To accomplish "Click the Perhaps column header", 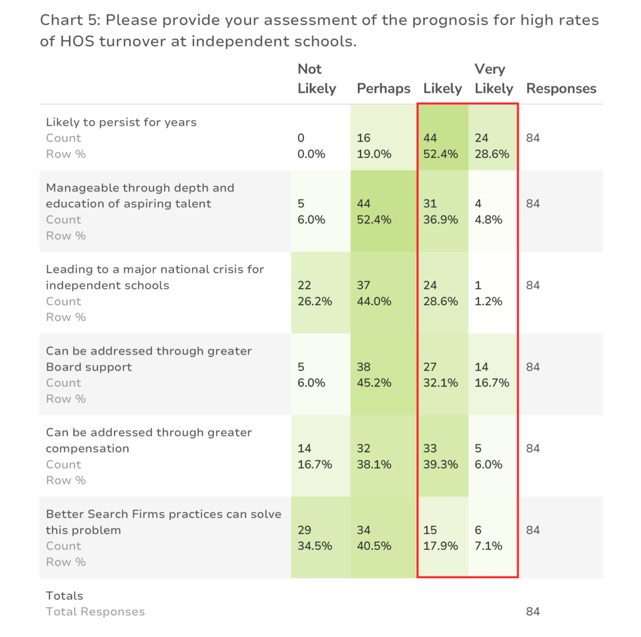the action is click(384, 89).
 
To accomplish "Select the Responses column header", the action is click(562, 89).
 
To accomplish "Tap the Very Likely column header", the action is click(494, 78).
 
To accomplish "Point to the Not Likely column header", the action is click(317, 78).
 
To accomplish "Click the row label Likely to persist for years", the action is click(121, 122).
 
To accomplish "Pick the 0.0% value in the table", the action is click(312, 154).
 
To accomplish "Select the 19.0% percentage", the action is click(374, 154).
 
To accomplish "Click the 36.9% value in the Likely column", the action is click(441, 220).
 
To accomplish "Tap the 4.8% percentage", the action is click(488, 220).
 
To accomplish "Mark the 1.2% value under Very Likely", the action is click(488, 301).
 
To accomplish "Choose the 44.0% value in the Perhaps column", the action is click(374, 301).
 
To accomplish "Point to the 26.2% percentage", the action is click(315, 301).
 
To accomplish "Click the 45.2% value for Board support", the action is click(374, 383).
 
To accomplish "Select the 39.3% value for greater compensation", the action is click(441, 465).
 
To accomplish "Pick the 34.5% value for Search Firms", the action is click(315, 546).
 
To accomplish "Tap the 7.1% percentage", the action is click(488, 546).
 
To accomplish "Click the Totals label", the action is click(64, 596).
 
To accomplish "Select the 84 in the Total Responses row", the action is click(533, 612).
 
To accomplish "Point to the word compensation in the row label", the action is click(88, 449).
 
